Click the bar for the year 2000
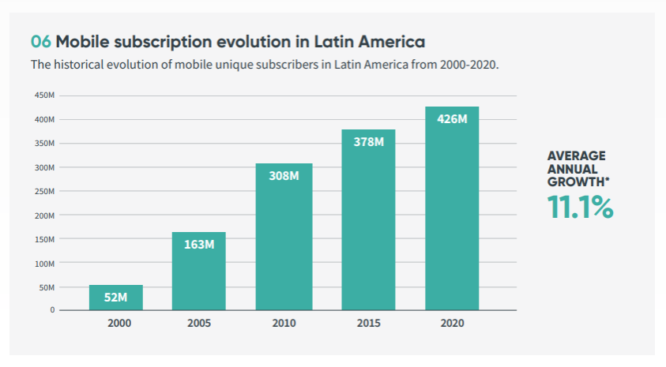click(x=116, y=298)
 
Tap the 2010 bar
click(x=284, y=237)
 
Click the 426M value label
click(x=452, y=119)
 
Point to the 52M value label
click(x=116, y=298)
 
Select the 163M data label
click(x=199, y=244)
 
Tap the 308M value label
click(x=284, y=175)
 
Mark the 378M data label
click(x=368, y=142)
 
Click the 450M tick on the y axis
click(x=44, y=95)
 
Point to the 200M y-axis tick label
click(x=44, y=215)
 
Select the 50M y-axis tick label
click(x=47, y=286)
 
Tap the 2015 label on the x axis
click(x=368, y=323)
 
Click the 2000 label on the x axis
click(x=116, y=323)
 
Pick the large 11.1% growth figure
click(x=580, y=207)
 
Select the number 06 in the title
click(x=40, y=41)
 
